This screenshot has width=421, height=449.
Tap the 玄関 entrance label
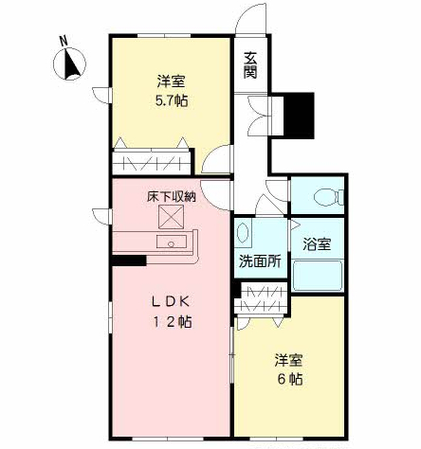(250, 63)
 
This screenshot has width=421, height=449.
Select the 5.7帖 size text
(171, 99)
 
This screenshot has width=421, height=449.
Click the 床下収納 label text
(171, 197)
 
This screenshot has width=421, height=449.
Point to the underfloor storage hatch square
(170, 218)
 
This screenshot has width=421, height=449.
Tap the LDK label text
(172, 302)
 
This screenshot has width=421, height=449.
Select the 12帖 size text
(172, 322)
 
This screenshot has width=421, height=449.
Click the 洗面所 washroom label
(260, 261)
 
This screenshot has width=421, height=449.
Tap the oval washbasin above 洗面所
(243, 232)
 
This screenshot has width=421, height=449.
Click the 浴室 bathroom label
(317, 244)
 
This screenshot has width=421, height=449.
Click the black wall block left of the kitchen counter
(128, 259)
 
